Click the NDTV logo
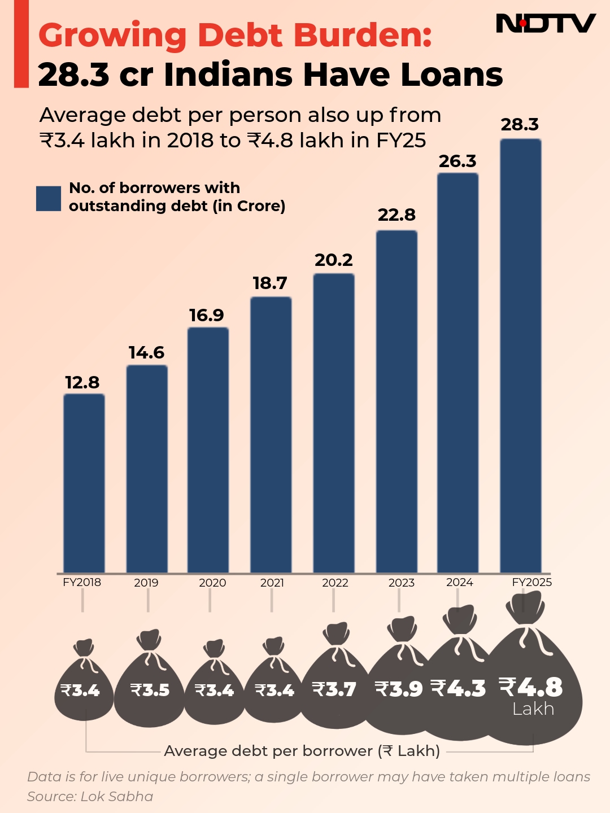pos(545,24)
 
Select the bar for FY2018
pos(84,483)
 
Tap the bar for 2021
pos(271,435)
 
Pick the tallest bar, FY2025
pos(521,356)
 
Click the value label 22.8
pos(396,215)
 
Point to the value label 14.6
pos(146,353)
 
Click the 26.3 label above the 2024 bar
pos(457,161)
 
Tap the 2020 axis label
pos(212,583)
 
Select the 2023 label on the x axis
pos(401,583)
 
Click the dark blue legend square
pos(49,198)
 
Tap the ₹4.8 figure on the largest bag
pos(531,687)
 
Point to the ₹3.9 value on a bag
pos(399,689)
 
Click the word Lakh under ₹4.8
pos(533,709)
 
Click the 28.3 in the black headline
pos(73,75)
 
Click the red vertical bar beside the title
pos(21,44)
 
